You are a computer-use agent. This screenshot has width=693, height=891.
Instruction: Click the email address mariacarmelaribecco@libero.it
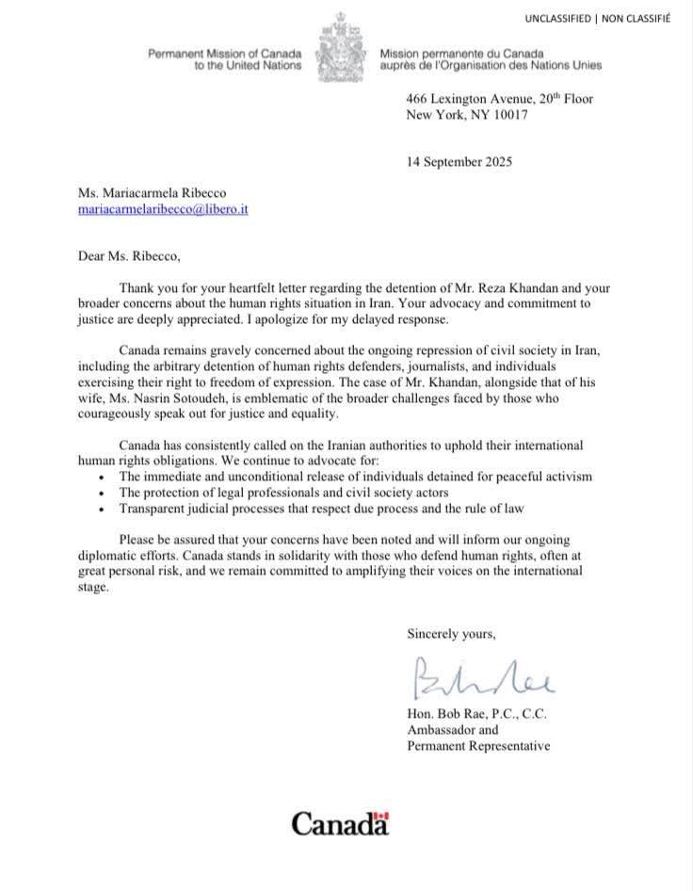(163, 211)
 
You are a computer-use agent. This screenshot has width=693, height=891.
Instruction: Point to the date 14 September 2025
(459, 161)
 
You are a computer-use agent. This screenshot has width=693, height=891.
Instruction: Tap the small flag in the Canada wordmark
(380, 816)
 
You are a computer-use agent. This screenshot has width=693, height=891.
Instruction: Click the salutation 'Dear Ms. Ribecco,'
(133, 255)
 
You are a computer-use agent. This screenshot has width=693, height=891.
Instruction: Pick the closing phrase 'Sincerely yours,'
(451, 634)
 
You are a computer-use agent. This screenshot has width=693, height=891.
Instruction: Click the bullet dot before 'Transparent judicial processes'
(101, 510)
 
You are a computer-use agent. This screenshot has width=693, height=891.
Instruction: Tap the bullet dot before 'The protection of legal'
(101, 494)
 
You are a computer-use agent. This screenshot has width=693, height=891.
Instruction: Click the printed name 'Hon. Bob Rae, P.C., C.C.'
(476, 714)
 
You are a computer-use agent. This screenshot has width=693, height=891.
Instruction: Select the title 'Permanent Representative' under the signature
(478, 746)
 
